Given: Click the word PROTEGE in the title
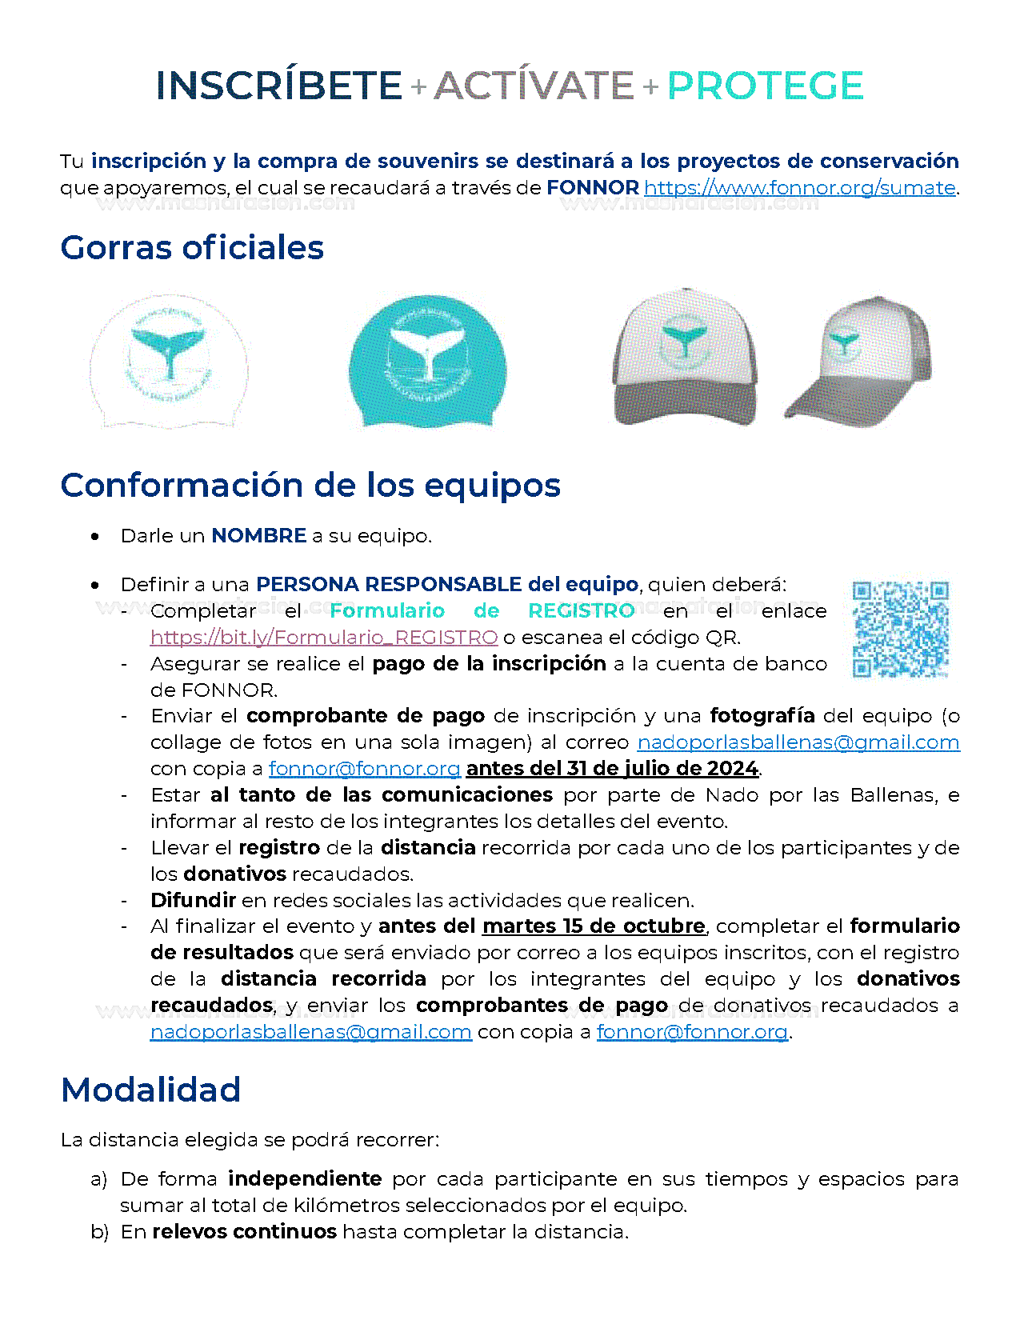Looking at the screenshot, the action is [x=765, y=86].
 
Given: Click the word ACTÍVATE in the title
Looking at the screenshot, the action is [x=534, y=86].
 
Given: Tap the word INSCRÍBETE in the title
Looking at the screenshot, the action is [x=278, y=86].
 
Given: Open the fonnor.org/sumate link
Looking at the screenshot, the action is [x=800, y=188].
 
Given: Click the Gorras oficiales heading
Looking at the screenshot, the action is [x=192, y=248].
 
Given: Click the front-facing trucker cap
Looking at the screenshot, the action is [x=685, y=357].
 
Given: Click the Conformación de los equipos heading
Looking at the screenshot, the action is [x=310, y=486].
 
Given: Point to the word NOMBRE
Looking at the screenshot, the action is [x=258, y=536].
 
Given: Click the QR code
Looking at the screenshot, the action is [x=900, y=629].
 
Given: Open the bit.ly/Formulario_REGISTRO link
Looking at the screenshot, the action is [x=324, y=638].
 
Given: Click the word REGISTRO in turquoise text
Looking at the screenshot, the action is [x=581, y=611].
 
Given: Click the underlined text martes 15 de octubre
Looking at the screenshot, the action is [x=594, y=926].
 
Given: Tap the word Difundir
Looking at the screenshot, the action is [x=193, y=901].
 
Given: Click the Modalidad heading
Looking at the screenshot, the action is [x=151, y=1090].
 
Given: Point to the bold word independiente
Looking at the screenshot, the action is [x=305, y=1179].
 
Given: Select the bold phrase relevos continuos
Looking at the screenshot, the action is [x=244, y=1232].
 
